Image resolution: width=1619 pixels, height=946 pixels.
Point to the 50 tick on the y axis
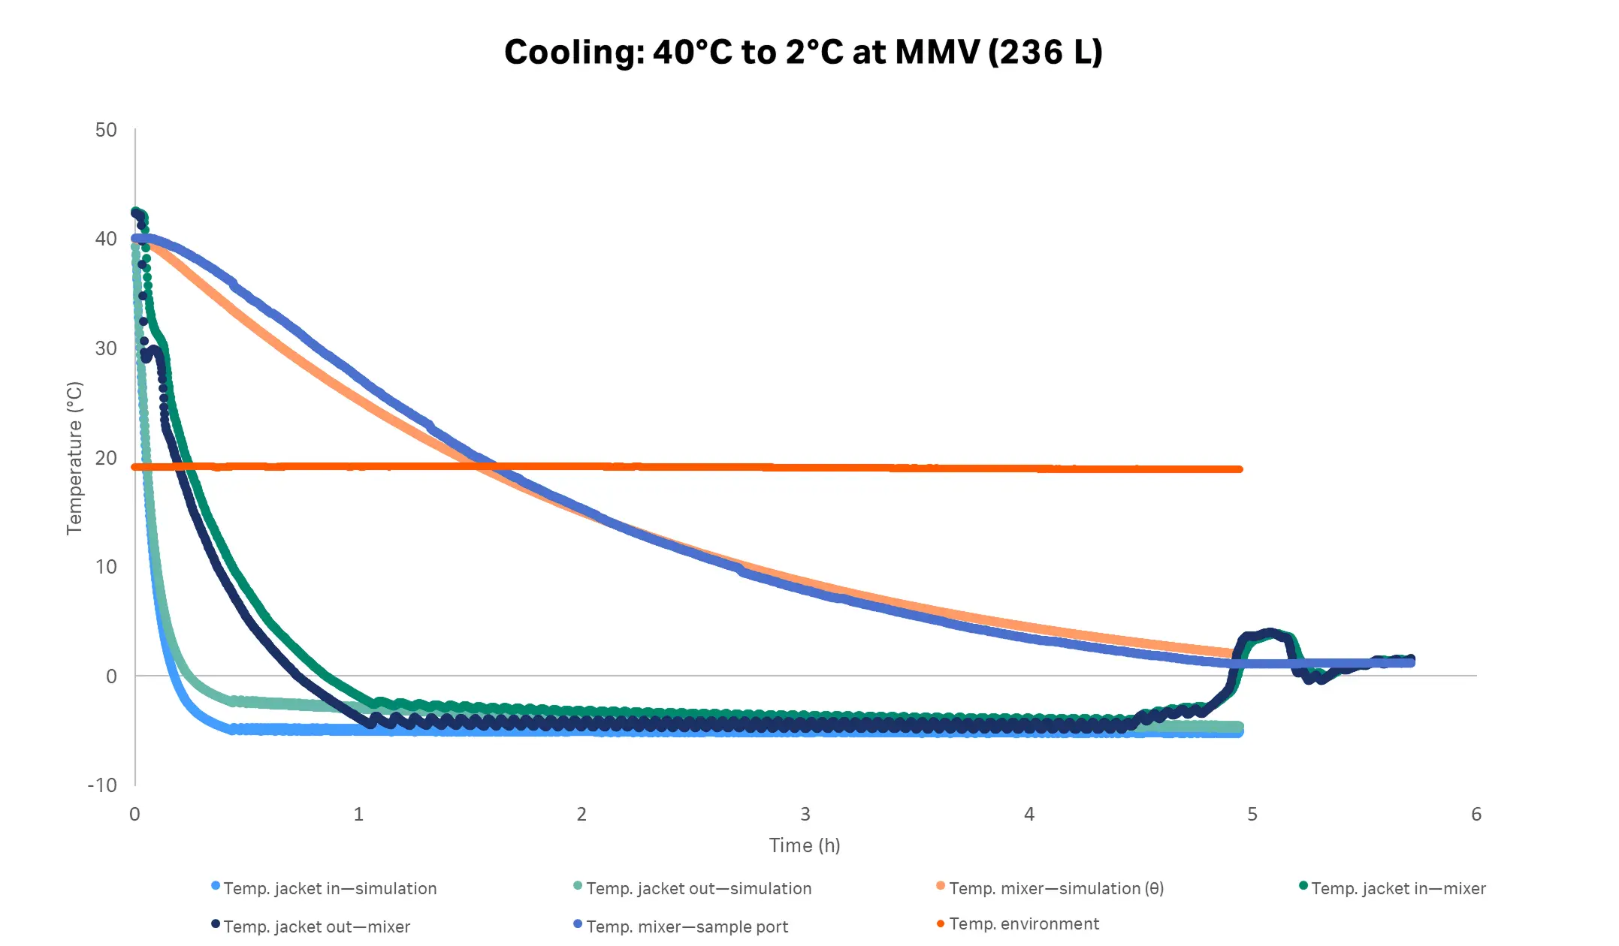click(106, 130)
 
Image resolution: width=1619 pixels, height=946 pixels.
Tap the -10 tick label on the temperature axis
click(103, 785)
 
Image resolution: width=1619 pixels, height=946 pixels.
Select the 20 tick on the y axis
click(106, 457)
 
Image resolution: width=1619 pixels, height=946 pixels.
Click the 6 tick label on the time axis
click(1476, 815)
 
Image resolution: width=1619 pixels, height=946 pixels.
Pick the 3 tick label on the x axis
click(805, 815)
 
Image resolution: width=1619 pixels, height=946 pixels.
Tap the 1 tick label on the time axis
click(358, 815)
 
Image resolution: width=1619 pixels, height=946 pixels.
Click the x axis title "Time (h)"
click(804, 845)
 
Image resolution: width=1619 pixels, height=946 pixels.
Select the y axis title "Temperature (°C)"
click(74, 458)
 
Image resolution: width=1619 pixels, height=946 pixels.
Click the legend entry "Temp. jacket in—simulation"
click(329, 888)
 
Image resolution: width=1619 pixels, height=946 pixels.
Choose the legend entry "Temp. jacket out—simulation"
click(698, 888)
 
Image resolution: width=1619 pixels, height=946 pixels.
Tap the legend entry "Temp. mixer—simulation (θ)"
click(1056, 888)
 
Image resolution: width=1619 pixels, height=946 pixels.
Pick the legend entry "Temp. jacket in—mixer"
click(1397, 888)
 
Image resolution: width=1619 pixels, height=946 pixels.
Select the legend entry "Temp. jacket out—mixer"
click(316, 926)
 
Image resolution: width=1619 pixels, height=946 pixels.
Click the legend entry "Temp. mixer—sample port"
click(687, 926)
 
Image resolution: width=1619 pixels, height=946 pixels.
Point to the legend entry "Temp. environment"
click(1023, 923)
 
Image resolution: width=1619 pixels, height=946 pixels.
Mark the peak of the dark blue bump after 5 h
click(1270, 633)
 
